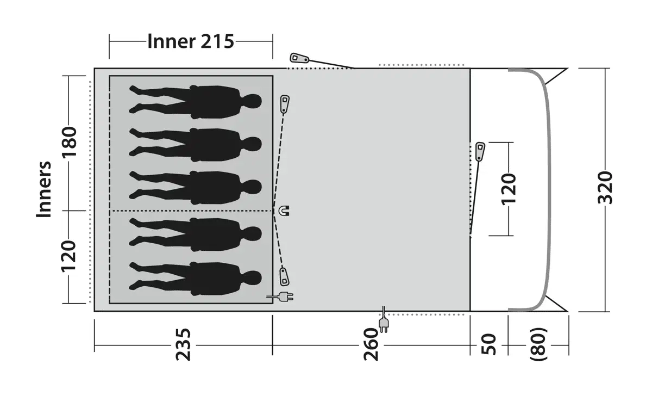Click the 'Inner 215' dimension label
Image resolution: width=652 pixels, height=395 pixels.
pos(191,41)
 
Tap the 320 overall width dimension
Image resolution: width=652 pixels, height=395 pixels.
pos(605,188)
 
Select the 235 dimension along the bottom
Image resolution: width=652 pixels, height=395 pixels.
pos(183,344)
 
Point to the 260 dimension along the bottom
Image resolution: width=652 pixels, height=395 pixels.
pos(371,344)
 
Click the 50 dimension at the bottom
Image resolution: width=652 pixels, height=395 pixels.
pos(488,344)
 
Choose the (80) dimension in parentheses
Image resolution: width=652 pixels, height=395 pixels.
pos(538,344)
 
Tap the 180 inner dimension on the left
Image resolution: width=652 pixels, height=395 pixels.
pos(70,142)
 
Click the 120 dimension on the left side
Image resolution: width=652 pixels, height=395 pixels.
pos(68,256)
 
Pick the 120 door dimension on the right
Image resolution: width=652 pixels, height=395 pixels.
pos(509,189)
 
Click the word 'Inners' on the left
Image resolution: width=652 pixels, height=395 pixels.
pos(43,189)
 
